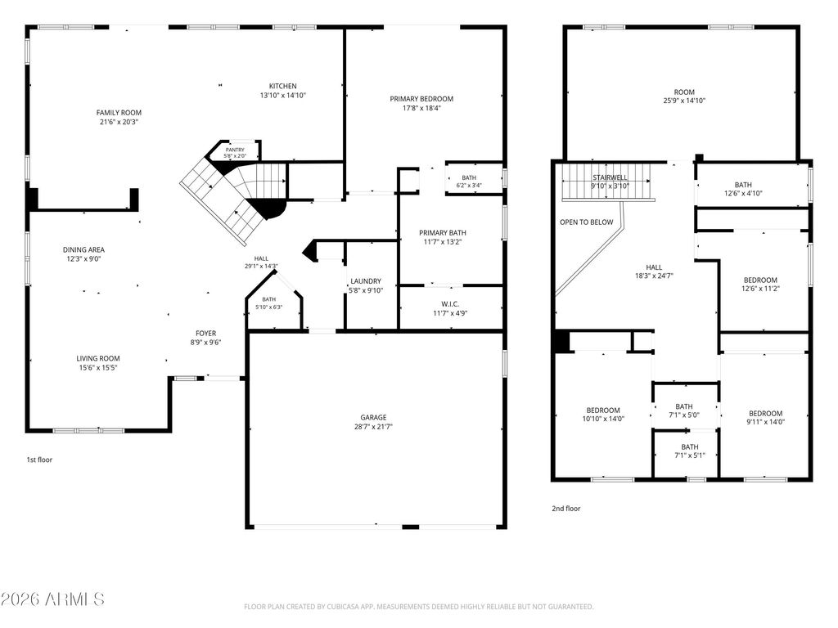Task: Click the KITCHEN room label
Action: [x=282, y=86]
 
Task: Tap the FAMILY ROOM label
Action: [x=119, y=113]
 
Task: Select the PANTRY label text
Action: [x=235, y=150]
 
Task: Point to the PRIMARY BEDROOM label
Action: [x=421, y=99]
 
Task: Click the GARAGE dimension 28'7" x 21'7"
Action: [x=373, y=427]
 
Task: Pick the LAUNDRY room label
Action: [x=366, y=281]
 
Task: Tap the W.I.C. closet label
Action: [x=450, y=304]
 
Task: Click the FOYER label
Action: [x=205, y=334]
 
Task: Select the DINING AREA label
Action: [x=84, y=250]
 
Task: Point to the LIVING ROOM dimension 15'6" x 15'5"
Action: [x=98, y=368]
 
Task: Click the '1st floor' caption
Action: [x=39, y=460]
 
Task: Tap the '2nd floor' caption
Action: [x=566, y=509]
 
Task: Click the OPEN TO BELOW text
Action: [x=586, y=222]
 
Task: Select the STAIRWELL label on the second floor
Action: [x=610, y=177]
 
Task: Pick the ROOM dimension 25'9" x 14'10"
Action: [x=684, y=101]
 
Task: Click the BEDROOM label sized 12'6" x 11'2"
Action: [x=760, y=280]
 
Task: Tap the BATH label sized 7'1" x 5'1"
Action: [x=689, y=447]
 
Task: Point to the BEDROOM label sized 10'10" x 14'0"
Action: [x=603, y=410]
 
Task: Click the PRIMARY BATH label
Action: [x=443, y=233]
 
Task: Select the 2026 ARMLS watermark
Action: [x=52, y=599]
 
